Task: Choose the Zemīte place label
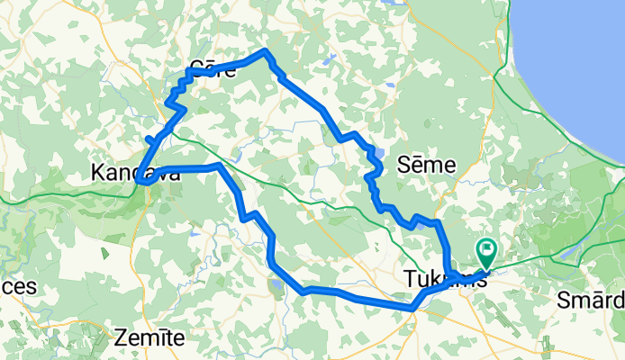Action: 149,338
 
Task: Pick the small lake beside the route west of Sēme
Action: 378,153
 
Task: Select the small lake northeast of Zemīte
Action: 274,287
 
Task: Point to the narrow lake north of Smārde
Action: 565,254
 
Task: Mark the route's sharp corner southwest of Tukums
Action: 412,309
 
